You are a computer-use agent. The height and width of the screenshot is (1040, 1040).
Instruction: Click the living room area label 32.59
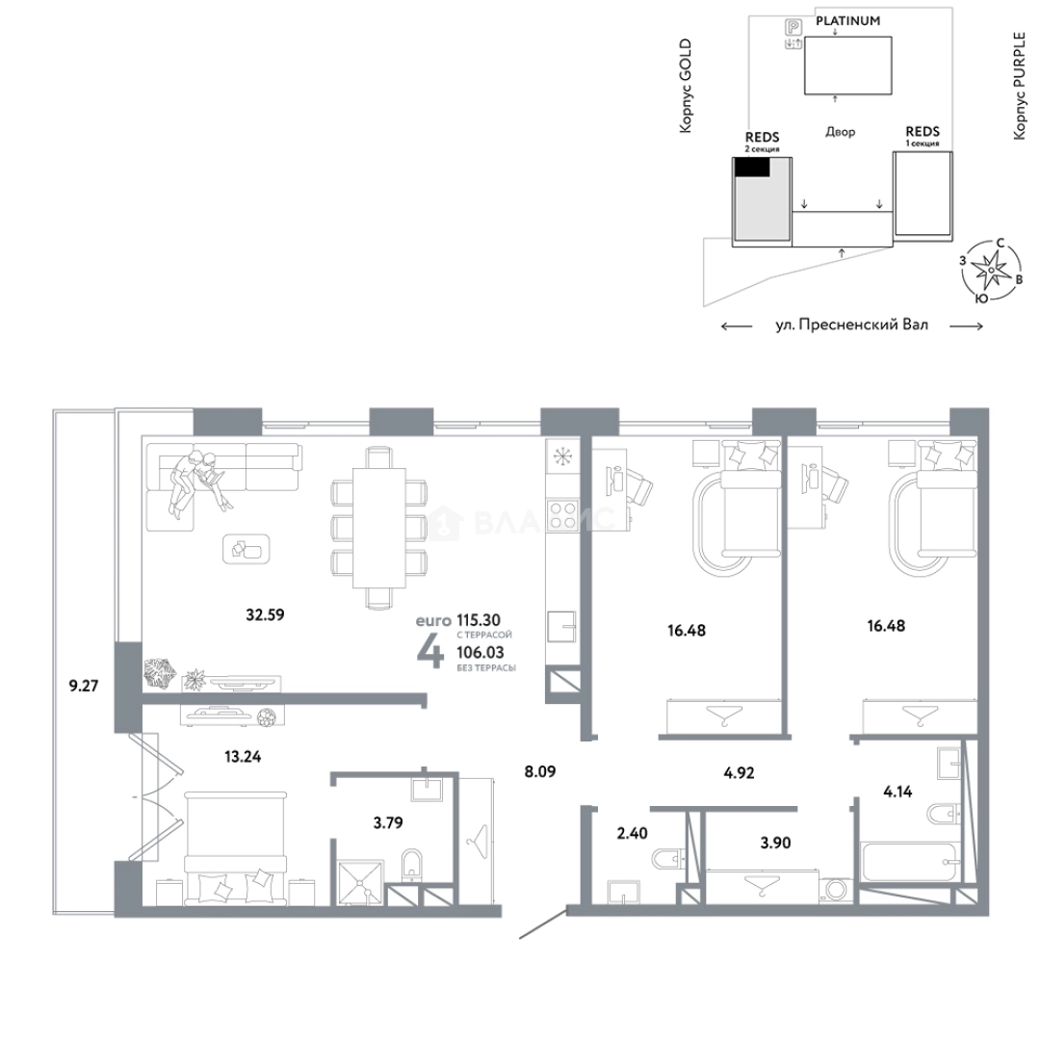coord(266,614)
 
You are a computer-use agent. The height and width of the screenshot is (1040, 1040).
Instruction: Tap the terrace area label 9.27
coord(84,686)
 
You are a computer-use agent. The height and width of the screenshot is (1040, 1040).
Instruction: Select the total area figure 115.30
coord(479,620)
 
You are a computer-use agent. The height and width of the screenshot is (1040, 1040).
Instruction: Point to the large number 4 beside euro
coord(429,653)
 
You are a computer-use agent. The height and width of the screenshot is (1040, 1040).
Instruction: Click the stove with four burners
coord(562,514)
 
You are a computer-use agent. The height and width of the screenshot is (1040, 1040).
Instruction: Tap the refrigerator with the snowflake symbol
coord(562,457)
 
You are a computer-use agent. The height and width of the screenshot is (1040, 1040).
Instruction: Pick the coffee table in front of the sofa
coord(247,549)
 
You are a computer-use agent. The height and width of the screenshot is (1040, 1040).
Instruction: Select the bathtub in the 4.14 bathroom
coord(910,862)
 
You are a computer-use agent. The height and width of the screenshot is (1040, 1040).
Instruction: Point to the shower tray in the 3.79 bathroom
coord(361,883)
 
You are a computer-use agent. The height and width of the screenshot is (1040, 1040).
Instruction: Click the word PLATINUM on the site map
coord(847,20)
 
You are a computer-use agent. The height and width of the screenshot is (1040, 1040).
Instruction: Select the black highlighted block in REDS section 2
coord(751,168)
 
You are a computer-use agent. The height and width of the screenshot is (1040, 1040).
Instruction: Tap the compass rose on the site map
coord(991,271)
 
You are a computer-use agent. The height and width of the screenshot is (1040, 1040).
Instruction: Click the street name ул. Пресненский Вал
coord(851,325)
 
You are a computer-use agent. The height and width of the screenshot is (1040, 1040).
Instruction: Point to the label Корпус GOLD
coord(686,86)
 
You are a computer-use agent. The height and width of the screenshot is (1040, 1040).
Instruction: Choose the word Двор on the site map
coord(841,132)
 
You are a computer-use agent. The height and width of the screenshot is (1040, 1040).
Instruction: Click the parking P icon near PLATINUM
coord(793,27)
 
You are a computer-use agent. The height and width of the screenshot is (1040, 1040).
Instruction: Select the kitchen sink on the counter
coord(561,627)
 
